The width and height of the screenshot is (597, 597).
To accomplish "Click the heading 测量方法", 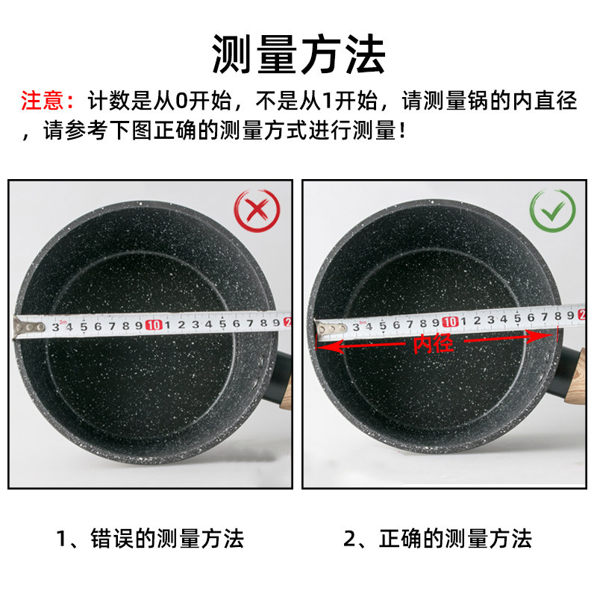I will (298, 54).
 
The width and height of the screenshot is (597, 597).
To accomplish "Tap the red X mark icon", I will (257, 210).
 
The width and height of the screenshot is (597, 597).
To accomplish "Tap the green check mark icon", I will (552, 210).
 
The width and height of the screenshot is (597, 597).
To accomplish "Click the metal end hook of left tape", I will (28, 327).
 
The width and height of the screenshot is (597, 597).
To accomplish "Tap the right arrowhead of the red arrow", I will (548, 336).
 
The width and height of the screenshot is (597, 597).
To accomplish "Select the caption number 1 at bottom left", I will (63, 538).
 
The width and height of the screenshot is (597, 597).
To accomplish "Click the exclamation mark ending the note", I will (404, 132).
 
